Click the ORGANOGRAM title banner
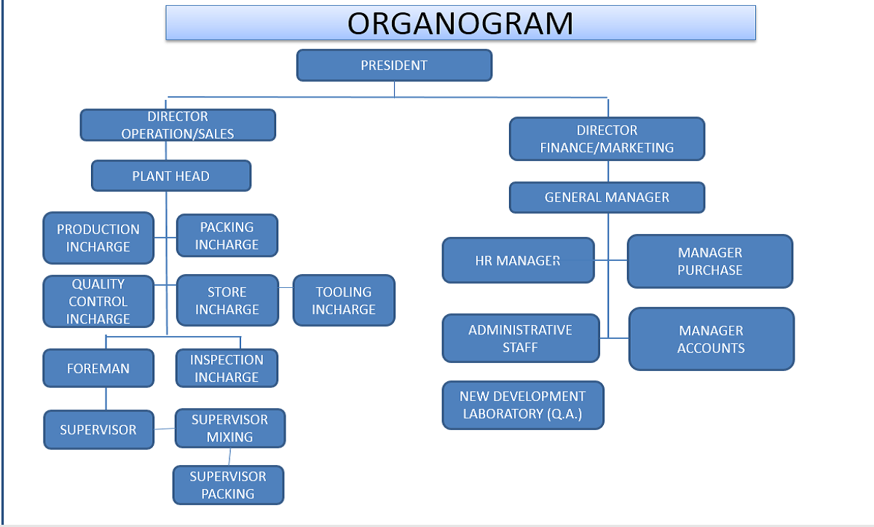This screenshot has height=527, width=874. (x=460, y=23)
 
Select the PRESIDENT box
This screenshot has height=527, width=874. (x=394, y=65)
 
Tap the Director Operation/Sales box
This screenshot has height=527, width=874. (x=178, y=125)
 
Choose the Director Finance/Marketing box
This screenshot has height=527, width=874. (x=607, y=138)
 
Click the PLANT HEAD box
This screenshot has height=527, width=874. (x=171, y=176)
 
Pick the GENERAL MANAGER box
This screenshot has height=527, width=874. (x=607, y=197)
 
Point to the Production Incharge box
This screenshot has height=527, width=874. (x=98, y=238)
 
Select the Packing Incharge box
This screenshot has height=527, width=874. (x=227, y=235)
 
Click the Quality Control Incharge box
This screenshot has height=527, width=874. (x=98, y=301)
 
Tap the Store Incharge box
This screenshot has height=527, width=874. (x=227, y=300)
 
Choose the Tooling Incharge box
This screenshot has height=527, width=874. (x=344, y=300)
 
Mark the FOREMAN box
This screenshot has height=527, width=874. (x=98, y=368)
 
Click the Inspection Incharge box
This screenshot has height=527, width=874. (x=227, y=368)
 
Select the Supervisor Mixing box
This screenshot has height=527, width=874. (x=230, y=428)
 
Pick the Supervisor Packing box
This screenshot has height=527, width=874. (x=228, y=485)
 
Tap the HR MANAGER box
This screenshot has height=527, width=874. (x=518, y=260)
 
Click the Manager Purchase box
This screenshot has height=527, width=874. (x=710, y=261)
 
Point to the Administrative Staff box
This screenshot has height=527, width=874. (x=521, y=338)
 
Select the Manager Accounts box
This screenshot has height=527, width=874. (x=712, y=339)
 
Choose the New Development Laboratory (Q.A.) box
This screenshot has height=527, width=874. (x=523, y=405)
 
